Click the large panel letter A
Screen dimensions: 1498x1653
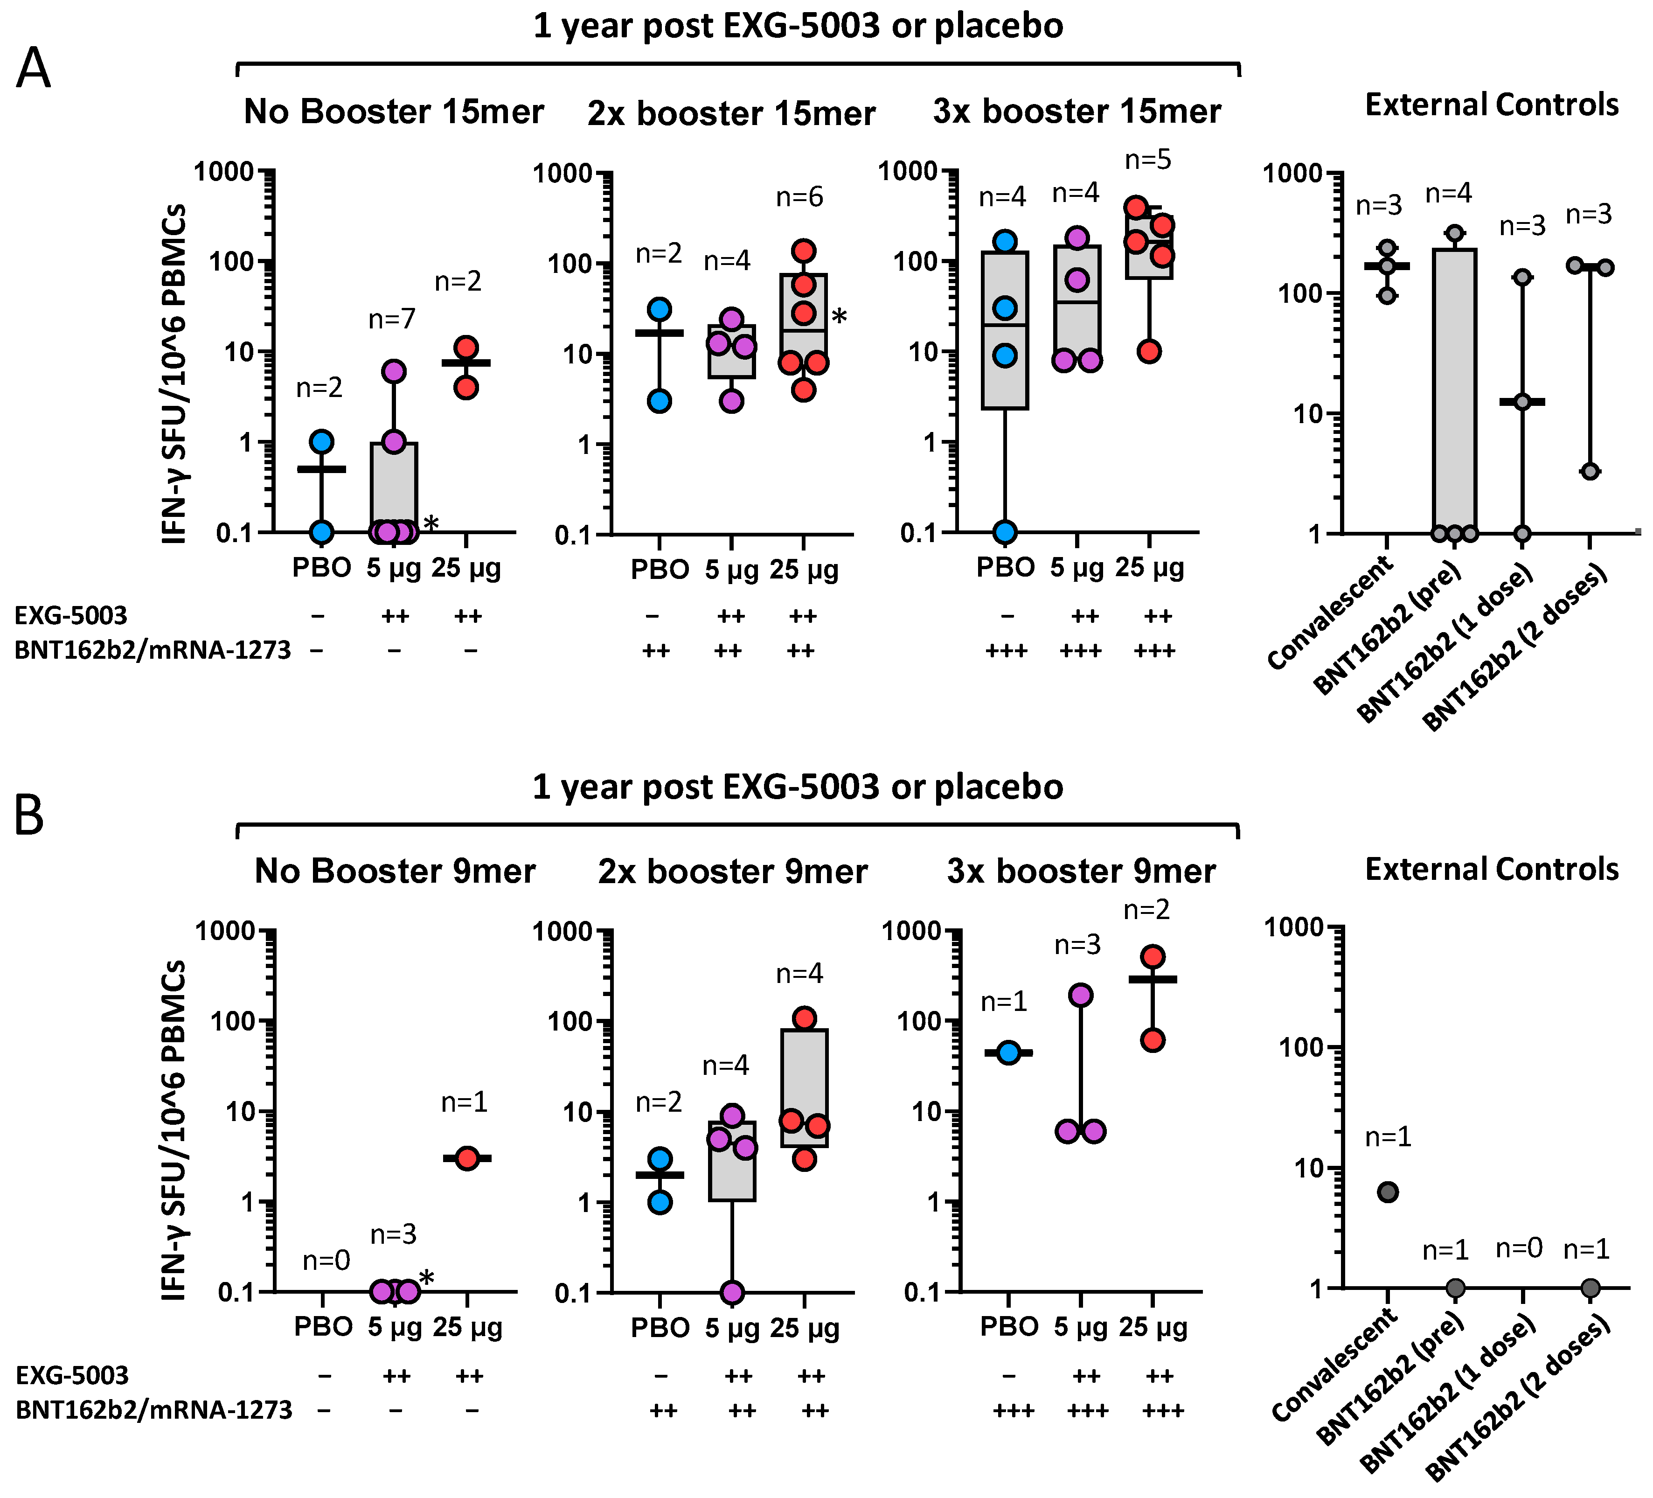33,69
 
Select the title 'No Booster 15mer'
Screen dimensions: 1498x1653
394,111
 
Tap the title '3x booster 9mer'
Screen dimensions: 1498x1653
1081,871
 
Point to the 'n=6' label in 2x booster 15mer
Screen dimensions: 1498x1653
799,197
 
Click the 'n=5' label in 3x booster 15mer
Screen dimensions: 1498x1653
1148,160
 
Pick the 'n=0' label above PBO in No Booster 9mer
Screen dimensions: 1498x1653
326,1260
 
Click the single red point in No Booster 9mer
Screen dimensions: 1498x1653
466,1158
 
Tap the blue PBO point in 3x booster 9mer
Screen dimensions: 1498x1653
1008,1053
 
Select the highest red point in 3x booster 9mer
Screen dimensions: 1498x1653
1153,956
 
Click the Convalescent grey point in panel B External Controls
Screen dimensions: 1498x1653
1387,1192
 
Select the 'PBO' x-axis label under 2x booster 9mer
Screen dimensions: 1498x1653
660,1327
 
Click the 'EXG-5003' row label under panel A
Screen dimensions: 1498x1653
71,615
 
